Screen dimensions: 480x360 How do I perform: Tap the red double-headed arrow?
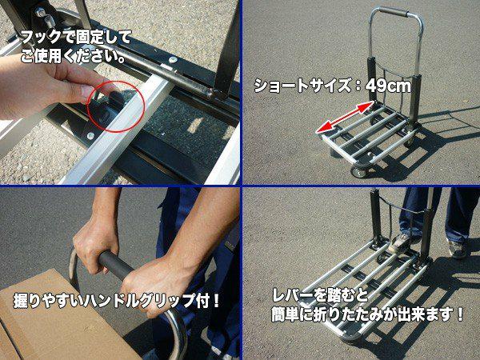pyautogui.click(x=345, y=118)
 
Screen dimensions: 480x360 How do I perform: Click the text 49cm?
pyautogui.click(x=388, y=86)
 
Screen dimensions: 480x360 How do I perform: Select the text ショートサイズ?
pyautogui.click(x=302, y=86)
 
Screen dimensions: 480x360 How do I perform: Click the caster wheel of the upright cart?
pyautogui.click(x=358, y=172)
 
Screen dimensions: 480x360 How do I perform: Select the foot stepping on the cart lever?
pyautogui.click(x=401, y=242)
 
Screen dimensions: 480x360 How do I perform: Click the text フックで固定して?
pyautogui.click(x=76, y=38)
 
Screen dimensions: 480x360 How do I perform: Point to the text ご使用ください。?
pyautogui.click(x=73, y=56)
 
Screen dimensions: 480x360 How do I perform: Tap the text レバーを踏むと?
pyautogui.click(x=321, y=295)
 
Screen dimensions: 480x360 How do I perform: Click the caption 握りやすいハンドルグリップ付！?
pyautogui.click(x=118, y=302)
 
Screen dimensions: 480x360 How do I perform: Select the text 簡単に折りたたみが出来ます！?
pyautogui.click(x=368, y=315)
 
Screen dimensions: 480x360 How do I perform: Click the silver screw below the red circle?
pyautogui.click(x=90, y=135)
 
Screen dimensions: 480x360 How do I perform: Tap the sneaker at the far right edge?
pyautogui.click(x=458, y=249)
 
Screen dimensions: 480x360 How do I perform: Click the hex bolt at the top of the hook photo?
pyautogui.click(x=40, y=13)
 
